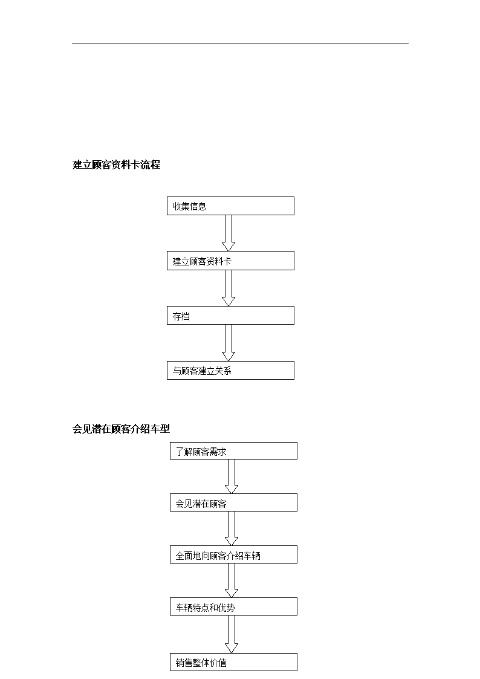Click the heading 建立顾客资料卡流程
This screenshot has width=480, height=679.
pyautogui.click(x=116, y=164)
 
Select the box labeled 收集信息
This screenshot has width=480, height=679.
pyautogui.click(x=230, y=206)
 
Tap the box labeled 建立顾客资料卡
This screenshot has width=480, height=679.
pyautogui.click(x=230, y=261)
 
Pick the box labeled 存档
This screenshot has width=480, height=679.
pyautogui.click(x=230, y=315)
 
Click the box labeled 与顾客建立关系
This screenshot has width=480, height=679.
pyautogui.click(x=230, y=370)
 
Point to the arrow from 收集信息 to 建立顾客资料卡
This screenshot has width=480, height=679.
pyautogui.click(x=228, y=233)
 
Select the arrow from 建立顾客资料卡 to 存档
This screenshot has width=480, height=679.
pyautogui.click(x=228, y=288)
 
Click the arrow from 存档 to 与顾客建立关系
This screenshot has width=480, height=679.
pyautogui.click(x=228, y=343)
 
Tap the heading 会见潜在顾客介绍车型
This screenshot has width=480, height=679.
pyautogui.click(x=121, y=429)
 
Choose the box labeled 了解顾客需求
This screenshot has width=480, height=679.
pyautogui.click(x=233, y=451)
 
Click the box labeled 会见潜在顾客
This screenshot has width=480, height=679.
pyautogui.click(x=233, y=502)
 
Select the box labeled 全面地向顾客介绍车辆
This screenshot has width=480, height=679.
pyautogui.click(x=233, y=554)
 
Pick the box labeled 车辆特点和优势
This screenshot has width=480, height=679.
pyautogui.click(x=233, y=606)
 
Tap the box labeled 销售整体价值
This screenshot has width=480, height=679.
pyautogui.click(x=233, y=662)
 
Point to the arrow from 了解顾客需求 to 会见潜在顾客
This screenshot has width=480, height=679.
pyautogui.click(x=231, y=476)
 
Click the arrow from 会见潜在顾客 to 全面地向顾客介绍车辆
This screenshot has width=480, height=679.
pyautogui.click(x=231, y=528)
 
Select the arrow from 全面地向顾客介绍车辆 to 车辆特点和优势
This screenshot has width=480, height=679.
pyautogui.click(x=231, y=580)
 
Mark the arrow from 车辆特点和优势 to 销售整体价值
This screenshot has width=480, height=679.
pyautogui.click(x=231, y=634)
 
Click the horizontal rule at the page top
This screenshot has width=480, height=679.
pyautogui.click(x=240, y=44)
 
